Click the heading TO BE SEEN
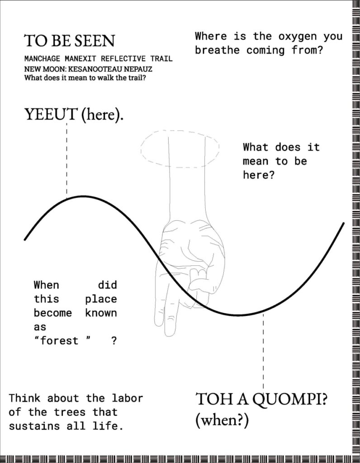point(69,41)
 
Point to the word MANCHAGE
point(42,58)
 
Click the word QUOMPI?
point(290,400)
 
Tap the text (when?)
point(222,420)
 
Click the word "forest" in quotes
point(62,341)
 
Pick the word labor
point(127,398)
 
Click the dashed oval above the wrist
point(180,130)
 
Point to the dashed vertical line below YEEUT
point(67,160)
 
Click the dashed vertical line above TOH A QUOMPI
point(263,351)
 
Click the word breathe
point(217,50)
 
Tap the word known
point(101,313)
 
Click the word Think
point(24,398)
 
